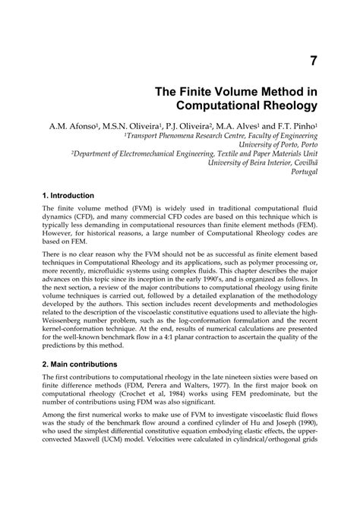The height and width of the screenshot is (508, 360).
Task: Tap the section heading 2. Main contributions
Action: pos(80,364)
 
